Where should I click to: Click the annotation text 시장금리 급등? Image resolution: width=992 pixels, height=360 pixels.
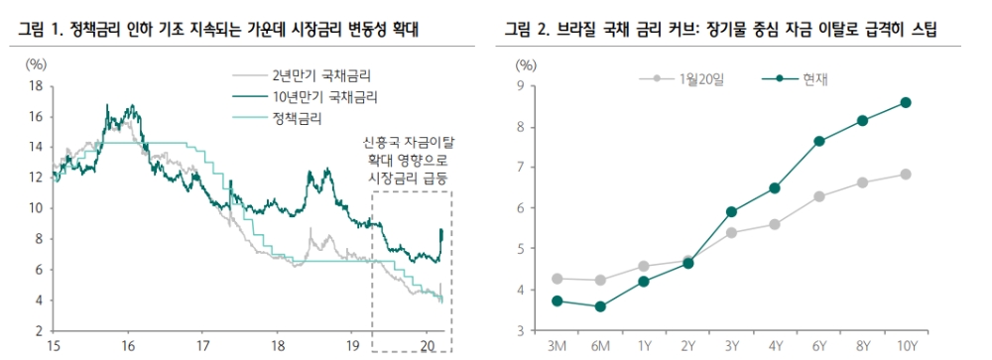point(411,176)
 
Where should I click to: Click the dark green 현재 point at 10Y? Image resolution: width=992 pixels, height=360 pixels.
point(906,102)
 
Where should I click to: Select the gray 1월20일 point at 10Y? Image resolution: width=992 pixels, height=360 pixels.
point(906,174)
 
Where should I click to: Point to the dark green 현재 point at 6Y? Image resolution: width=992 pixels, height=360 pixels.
point(818,141)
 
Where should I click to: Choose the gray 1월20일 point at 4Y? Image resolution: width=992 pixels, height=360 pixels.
point(774,224)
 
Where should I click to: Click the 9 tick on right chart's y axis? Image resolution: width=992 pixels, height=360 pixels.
point(518,85)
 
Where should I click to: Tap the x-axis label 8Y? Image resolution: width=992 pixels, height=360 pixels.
point(862,346)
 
